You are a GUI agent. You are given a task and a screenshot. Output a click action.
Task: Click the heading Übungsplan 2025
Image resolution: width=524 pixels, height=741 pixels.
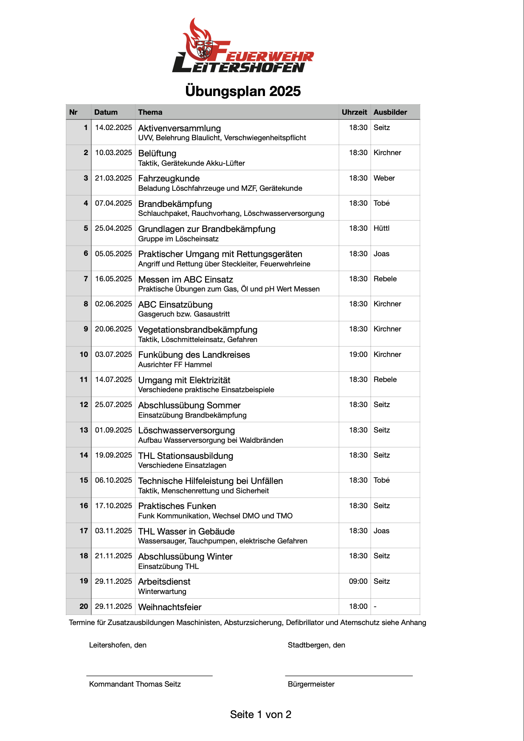[x=243, y=91]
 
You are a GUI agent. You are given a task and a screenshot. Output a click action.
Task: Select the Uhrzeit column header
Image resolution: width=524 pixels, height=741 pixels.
[x=354, y=112]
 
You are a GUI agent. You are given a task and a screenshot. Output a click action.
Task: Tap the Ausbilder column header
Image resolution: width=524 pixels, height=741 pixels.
[x=390, y=112]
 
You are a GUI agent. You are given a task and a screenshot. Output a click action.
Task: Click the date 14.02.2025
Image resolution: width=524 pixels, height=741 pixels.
[x=113, y=127]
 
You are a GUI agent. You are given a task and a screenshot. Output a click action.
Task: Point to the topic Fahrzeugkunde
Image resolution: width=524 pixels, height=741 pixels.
[x=169, y=178]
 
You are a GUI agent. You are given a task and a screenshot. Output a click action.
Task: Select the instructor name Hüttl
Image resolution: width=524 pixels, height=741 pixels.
[x=381, y=228]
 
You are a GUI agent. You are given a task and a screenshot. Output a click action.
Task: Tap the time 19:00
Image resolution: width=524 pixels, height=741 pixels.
[x=358, y=354]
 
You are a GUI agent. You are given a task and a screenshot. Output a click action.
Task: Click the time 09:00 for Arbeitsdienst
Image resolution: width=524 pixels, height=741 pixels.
[x=358, y=581]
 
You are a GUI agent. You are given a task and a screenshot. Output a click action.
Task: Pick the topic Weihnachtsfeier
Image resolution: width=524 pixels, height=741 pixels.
[x=170, y=607]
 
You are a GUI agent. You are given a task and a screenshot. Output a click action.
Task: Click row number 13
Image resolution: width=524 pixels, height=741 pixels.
[x=84, y=430]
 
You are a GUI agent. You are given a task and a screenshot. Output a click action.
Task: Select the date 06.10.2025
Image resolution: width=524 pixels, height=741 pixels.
[x=113, y=480]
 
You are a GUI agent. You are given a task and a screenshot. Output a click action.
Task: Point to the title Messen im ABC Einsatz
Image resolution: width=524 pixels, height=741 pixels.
[x=186, y=280]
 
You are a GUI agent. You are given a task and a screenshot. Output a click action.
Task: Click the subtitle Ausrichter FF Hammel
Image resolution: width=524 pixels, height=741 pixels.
[x=175, y=365]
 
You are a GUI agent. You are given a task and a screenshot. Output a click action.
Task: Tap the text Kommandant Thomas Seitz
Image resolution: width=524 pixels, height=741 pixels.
[x=135, y=684]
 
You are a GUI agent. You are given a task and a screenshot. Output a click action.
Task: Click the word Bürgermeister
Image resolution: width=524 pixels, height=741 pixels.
[x=311, y=684]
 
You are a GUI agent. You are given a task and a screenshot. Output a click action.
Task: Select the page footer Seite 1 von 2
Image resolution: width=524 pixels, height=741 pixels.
[x=261, y=715]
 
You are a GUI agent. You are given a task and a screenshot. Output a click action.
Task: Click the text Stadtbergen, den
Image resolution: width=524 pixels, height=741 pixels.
[x=316, y=645]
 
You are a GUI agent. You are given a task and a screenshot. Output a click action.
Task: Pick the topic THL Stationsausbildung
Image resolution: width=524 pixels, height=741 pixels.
[x=186, y=456]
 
